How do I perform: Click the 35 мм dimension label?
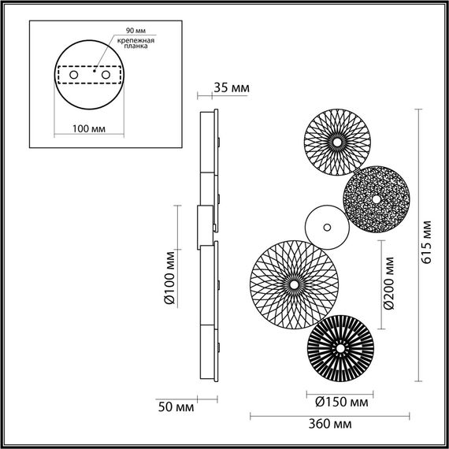click(232, 87)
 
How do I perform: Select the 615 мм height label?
click(426, 243)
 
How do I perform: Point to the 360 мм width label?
click(331, 424)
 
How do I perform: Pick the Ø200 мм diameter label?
click(384, 284)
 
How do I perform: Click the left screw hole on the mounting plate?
click(72, 74)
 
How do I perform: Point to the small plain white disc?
click(325, 226)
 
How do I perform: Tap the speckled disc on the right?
click(375, 199)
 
